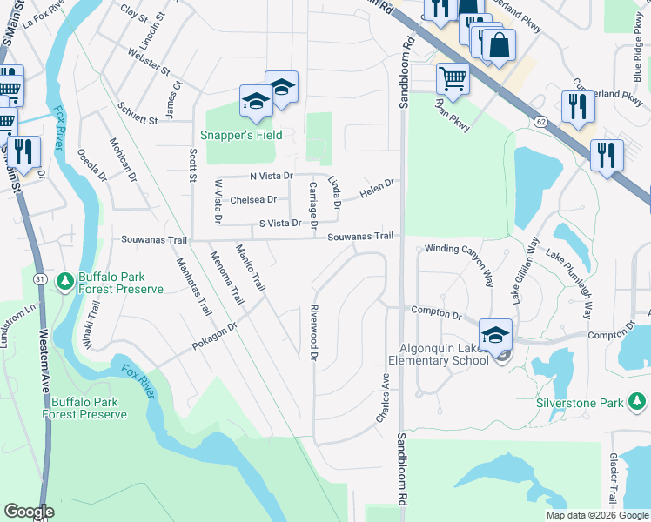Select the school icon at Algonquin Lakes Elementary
pos(495,336)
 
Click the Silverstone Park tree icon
pos(637,401)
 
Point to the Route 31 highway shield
pos(40,278)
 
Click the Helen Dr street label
pos(377,187)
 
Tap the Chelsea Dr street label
pos(253,200)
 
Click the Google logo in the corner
pos(29,512)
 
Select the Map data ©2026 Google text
pos(596,515)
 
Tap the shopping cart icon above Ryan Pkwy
pos(453,79)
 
